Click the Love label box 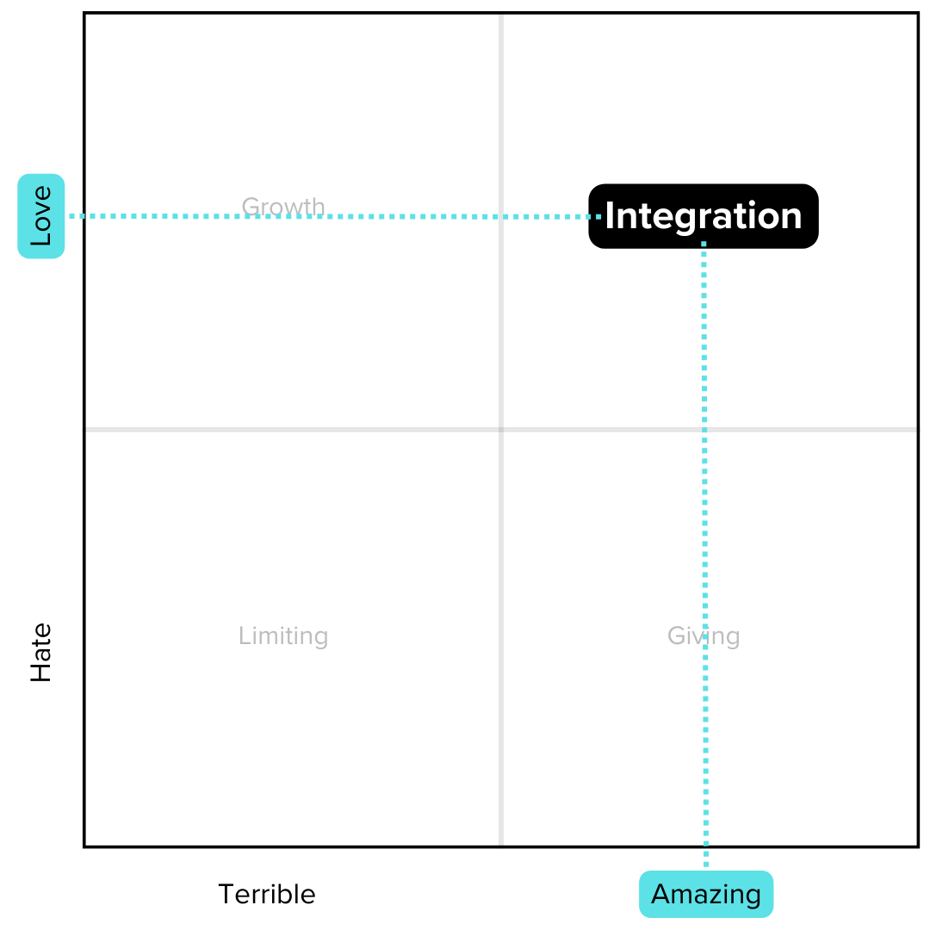tap(41, 216)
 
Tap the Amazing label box tap(706, 894)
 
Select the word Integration tap(703, 216)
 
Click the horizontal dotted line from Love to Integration tap(336, 216)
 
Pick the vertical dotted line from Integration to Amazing tap(704, 551)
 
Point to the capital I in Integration tap(610, 215)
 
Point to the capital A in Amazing tap(660, 894)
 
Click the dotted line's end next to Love tap(72, 216)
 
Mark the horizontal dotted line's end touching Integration tap(598, 216)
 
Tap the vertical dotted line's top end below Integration tap(704, 245)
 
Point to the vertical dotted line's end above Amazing tap(706, 864)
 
